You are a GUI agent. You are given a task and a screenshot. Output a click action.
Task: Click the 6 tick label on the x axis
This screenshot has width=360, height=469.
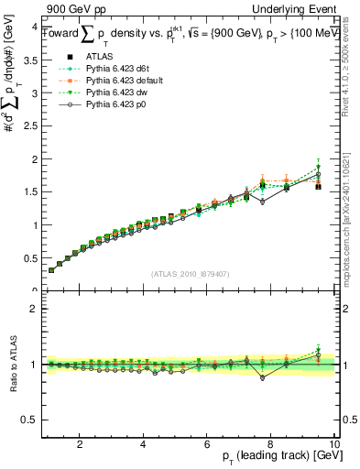pyautogui.click(x=207, y=444)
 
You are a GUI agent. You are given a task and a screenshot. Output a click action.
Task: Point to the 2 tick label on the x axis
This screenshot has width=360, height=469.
pyautogui.click(x=81, y=444)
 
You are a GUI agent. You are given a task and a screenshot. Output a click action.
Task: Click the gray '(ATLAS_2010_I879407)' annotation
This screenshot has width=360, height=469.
pyautogui.click(x=189, y=273)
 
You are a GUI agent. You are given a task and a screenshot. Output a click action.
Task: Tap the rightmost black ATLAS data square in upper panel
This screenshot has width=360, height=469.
pyautogui.click(x=318, y=186)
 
